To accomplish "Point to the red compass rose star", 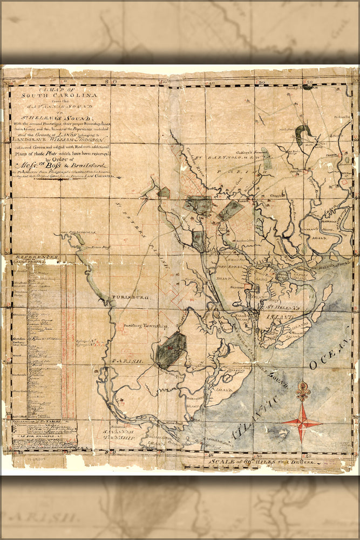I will [x=302, y=421].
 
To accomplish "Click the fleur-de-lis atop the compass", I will [x=303, y=390].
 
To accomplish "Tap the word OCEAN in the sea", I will [x=330, y=356].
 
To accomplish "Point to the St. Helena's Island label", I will [x=281, y=311].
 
